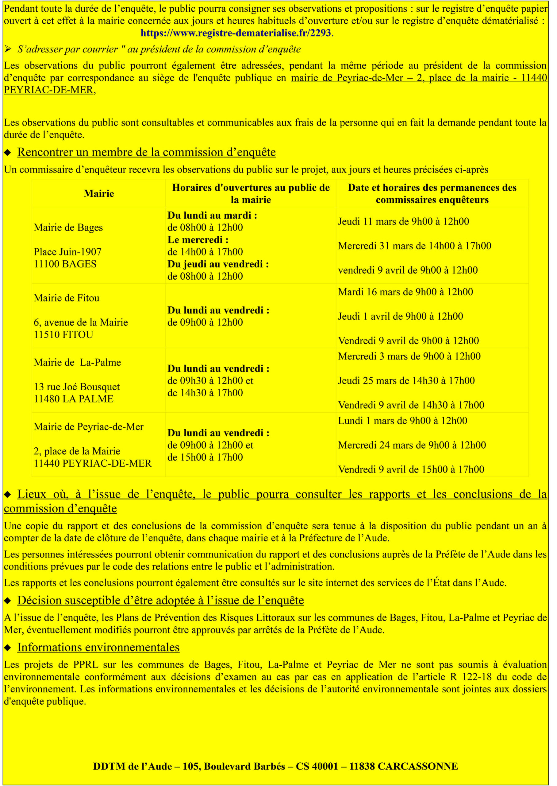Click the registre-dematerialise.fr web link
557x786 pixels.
pos(236,33)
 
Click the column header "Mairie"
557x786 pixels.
pos(99,193)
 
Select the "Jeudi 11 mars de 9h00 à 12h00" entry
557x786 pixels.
pos(403,221)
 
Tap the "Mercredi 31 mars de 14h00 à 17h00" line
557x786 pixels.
pos(414,246)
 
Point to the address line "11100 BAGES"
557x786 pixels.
pos(65,264)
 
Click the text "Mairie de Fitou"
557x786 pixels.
pos(67,298)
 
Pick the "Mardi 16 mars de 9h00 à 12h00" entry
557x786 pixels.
pos(405,292)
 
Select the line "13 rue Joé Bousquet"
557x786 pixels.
pos(77,387)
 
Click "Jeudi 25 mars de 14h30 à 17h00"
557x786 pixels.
pos(406,381)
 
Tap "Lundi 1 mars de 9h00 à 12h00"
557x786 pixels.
pos(402,421)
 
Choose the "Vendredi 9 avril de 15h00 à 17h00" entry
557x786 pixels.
pos(411,469)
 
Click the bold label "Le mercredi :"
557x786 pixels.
pos(198,239)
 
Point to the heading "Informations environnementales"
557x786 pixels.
pos(98,647)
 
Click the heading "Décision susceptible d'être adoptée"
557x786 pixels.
pos(160,600)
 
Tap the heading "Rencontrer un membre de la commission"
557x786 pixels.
pos(146,152)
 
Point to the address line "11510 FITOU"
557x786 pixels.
pos(63,335)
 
